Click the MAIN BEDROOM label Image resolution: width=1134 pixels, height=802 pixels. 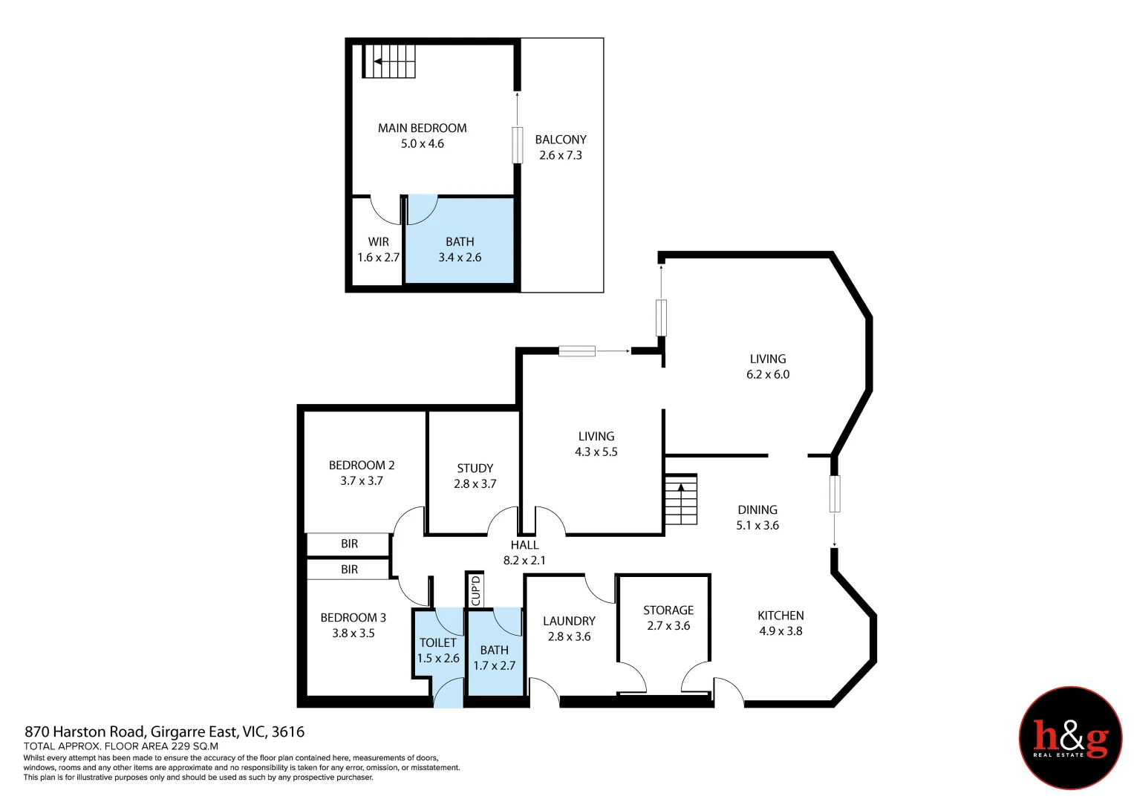click(422, 128)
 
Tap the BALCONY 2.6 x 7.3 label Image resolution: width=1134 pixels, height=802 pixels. click(561, 147)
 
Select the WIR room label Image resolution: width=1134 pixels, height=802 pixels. click(378, 242)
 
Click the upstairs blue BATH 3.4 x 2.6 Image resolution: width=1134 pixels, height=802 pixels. click(460, 250)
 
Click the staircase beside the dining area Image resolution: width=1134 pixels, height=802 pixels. click(681, 500)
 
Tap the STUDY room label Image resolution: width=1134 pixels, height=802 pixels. click(475, 469)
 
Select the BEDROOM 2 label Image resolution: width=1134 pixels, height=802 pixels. click(362, 466)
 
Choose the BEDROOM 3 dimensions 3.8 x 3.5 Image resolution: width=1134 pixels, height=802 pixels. click(353, 633)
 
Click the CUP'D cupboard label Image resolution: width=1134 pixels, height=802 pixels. click(476, 590)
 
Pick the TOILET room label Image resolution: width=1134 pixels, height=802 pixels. click(437, 643)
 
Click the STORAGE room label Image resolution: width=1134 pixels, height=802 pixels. click(668, 610)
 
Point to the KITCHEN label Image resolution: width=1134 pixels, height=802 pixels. click(781, 616)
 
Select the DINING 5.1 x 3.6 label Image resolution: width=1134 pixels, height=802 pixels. click(757, 518)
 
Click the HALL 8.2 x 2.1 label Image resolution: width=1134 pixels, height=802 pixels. click(524, 552)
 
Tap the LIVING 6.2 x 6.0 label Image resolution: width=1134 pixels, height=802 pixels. click(768, 367)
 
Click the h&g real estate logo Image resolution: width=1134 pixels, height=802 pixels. click(1070, 738)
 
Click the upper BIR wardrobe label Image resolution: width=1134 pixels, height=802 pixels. click(349, 544)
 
